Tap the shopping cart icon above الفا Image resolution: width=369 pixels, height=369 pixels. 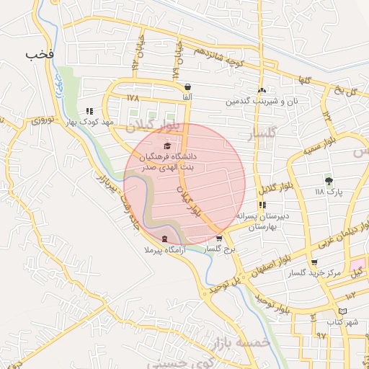187,86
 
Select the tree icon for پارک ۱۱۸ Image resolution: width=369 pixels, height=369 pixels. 329,180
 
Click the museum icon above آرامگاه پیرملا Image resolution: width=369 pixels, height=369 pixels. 165,239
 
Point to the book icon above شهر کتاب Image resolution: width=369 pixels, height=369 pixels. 342,310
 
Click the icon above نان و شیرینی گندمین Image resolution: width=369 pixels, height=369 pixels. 262,90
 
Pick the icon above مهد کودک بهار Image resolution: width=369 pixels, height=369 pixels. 89,111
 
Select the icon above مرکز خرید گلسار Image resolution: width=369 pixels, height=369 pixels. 314,262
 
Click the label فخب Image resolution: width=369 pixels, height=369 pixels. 40,55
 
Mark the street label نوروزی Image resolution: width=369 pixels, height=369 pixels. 45,120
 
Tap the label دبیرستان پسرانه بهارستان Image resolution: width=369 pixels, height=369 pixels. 267,221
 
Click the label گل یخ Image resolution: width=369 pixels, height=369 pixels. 344,92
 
